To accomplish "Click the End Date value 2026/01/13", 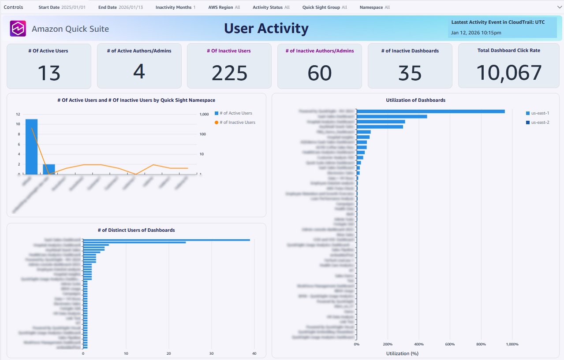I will (131, 7).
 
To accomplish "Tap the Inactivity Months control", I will (175, 7).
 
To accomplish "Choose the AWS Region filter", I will (224, 7).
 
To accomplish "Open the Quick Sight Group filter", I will (325, 7).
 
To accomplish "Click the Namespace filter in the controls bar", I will (374, 7).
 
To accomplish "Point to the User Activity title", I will (266, 29).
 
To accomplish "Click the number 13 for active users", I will (49, 73).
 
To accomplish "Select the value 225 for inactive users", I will (229, 73).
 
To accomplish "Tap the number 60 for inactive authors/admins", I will (319, 73).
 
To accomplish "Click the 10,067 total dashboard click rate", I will (509, 73).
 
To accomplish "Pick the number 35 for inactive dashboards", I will (410, 73).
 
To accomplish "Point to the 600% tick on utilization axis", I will (450, 344).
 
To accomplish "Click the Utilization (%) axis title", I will (402, 353).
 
